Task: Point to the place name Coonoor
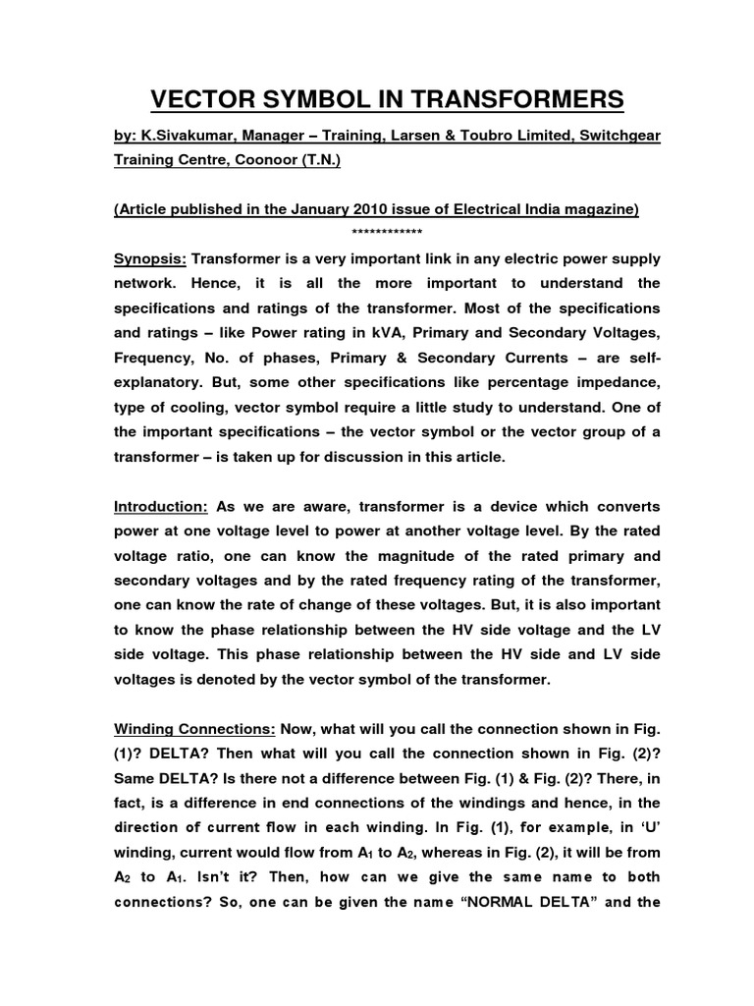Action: coord(261,161)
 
